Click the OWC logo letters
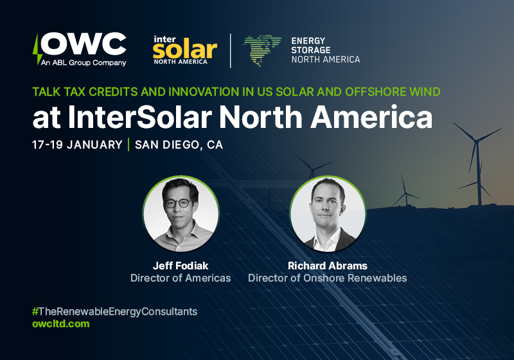click(86, 44)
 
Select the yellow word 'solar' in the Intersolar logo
click(181, 48)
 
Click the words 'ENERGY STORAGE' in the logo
click(312, 45)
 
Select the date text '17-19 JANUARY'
click(77, 145)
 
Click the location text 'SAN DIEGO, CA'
click(179, 145)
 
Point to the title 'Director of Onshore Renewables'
click(327, 278)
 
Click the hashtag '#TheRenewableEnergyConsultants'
click(114, 311)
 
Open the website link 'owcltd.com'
click(60, 324)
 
